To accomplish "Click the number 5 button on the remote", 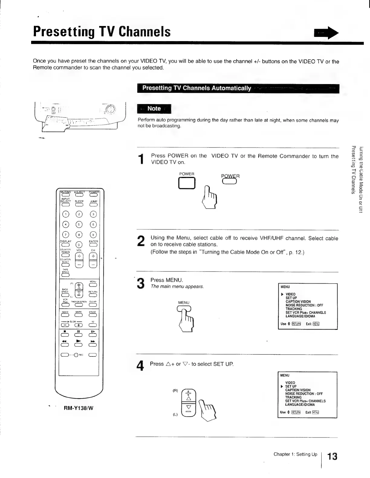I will pos(79,224).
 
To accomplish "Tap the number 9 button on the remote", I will pos(93,235).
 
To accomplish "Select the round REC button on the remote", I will pos(76,355).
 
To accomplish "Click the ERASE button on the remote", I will pos(92,315).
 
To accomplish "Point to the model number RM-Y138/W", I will pos(79,408).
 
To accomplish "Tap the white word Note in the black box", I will pos(154,109).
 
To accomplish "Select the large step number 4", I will pos(140,366).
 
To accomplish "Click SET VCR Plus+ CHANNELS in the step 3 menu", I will pos(306,313).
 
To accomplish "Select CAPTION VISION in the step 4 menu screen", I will pos(298,390).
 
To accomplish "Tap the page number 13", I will pos(332,456).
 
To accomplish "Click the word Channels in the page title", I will pos(145,31).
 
